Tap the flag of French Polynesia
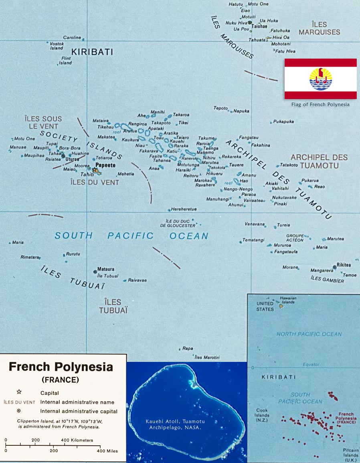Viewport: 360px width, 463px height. tap(320, 79)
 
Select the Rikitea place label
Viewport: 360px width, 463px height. tap(344, 266)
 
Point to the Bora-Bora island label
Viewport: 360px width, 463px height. tap(70, 148)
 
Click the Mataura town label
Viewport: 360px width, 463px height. tap(106, 270)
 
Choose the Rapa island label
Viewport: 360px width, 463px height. tap(188, 349)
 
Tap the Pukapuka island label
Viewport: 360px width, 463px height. tap(283, 122)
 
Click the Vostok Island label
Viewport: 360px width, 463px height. tap(57, 45)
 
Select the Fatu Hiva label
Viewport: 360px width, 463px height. tap(286, 51)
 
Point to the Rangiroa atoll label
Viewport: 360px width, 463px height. tap(137, 124)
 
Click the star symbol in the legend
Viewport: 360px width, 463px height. tap(19, 392)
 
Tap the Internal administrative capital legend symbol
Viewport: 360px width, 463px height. tap(19, 411)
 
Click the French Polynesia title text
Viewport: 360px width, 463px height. tap(61, 367)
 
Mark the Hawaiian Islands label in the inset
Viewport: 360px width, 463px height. tap(288, 300)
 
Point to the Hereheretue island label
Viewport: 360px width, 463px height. tap(184, 209)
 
